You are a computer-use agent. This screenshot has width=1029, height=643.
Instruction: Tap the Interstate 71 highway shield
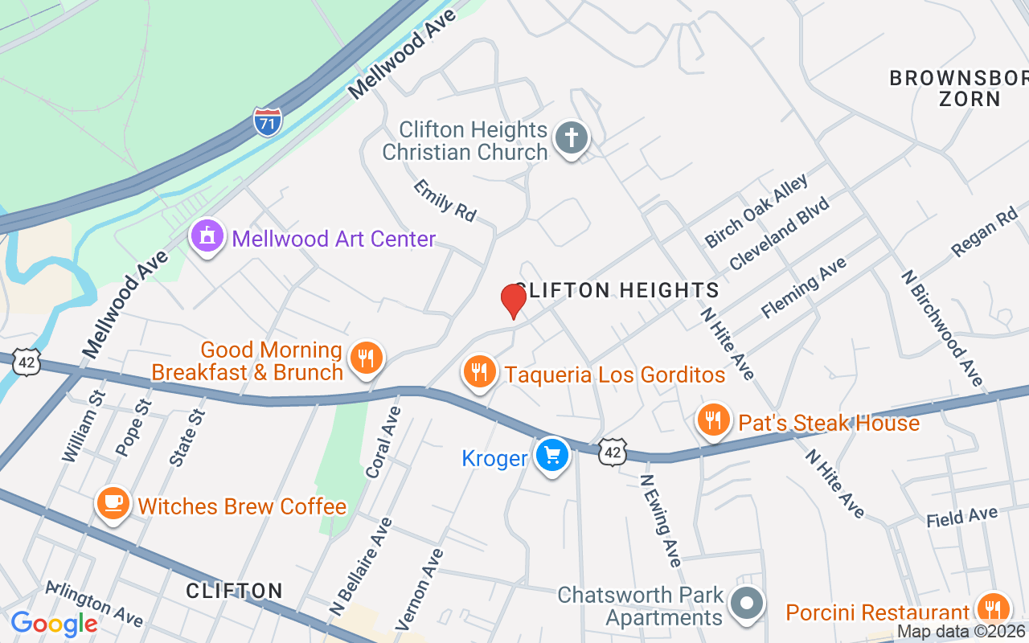coord(267,121)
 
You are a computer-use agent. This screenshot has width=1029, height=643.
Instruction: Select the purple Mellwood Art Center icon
coord(207,238)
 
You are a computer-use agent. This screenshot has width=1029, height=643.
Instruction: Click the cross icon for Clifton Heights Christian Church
coord(572,139)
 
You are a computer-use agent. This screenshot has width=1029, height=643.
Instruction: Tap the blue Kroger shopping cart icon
coord(551,456)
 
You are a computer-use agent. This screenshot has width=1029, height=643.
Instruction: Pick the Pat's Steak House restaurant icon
coord(712,420)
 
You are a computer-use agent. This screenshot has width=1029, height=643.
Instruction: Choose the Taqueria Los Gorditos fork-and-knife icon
coord(479,373)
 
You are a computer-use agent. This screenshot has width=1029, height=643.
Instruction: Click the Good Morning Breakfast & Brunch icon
coord(367,359)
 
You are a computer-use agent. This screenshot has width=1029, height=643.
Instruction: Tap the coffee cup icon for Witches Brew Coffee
coord(113,504)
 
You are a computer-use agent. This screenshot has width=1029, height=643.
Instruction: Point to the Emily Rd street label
coord(445,201)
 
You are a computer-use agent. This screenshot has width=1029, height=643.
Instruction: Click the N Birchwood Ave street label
coord(941,327)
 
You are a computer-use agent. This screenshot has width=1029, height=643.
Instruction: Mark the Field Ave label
coord(961,517)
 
